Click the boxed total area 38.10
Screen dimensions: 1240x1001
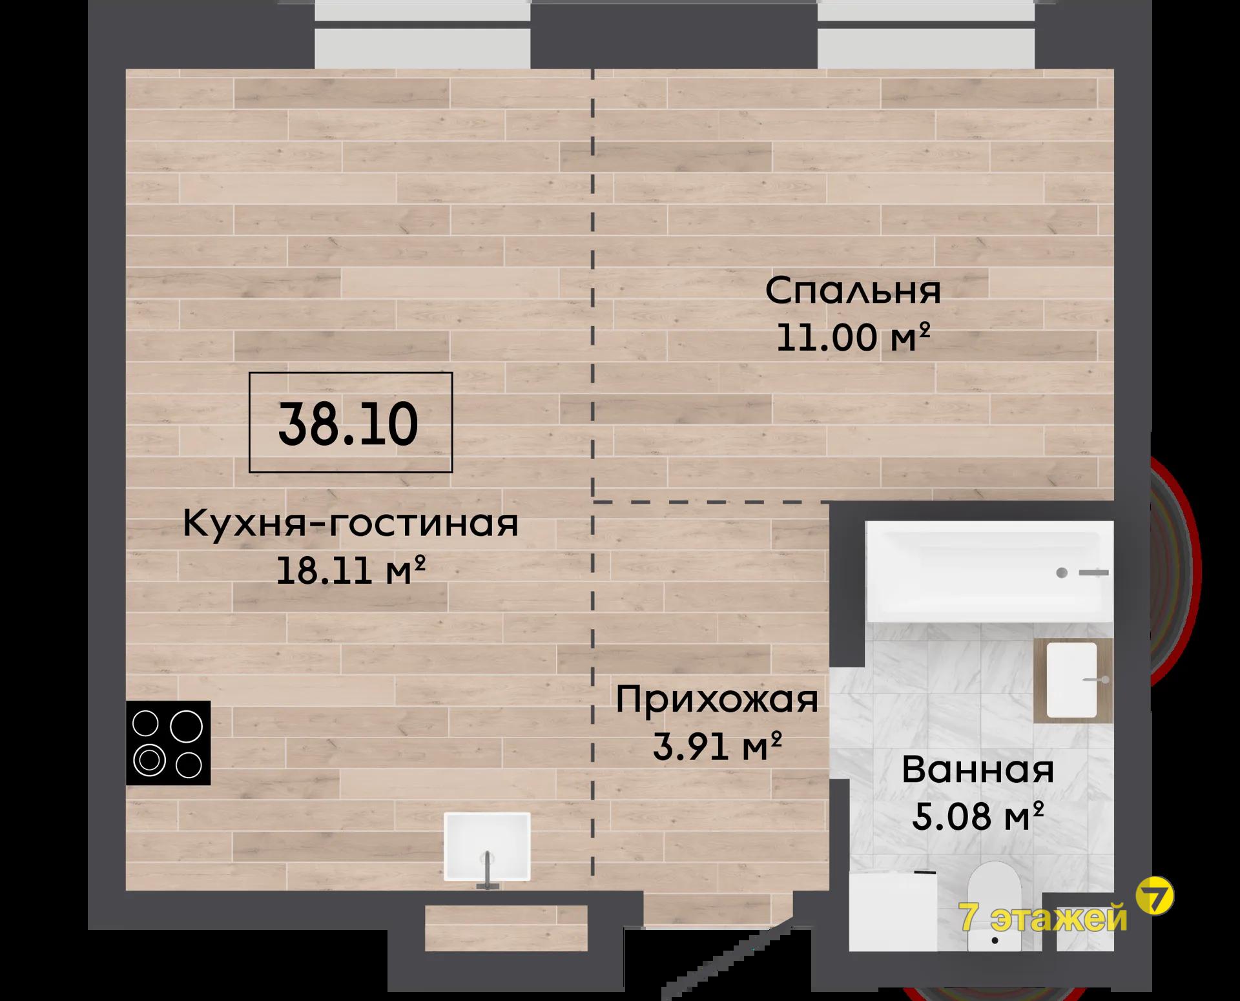pos(350,422)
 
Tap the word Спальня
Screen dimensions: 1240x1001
pos(852,291)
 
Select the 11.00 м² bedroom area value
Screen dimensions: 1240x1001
pos(852,337)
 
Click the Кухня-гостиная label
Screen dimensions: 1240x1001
pos(351,523)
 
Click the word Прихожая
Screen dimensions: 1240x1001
pos(717,700)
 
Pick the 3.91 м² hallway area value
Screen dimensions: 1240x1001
pos(717,747)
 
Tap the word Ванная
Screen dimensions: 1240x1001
pos(978,770)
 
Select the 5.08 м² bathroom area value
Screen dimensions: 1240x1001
pos(978,816)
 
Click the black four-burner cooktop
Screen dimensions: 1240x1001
pos(168,743)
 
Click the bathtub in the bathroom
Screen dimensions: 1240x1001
pos(989,572)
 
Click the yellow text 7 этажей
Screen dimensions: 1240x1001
pos(1044,917)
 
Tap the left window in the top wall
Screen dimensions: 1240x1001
pos(422,34)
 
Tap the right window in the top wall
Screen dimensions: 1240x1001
pos(926,34)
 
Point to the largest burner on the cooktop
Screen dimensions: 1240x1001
pos(186,726)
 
